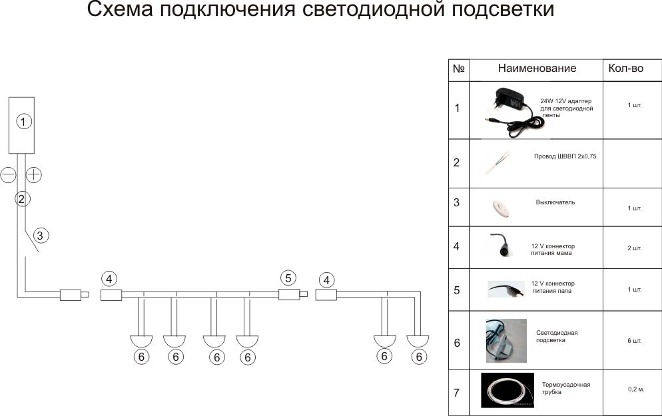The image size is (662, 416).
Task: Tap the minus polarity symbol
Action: click(9, 175)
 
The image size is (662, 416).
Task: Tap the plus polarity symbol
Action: click(34, 175)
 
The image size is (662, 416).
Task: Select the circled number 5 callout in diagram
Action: click(287, 278)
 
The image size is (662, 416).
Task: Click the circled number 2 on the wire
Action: click(21, 198)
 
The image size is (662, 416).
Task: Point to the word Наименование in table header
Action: click(537, 69)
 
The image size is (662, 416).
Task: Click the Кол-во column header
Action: click(625, 69)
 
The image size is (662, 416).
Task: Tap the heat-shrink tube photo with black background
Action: click(507, 391)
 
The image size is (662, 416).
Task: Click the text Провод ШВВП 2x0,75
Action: click(565, 157)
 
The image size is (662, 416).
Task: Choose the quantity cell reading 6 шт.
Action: click(634, 341)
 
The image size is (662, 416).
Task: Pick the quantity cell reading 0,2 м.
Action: click(636, 389)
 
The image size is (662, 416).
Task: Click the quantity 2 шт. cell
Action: click(634, 248)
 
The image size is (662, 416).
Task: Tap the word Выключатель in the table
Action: click(555, 202)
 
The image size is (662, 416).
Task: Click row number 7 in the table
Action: click(457, 393)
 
